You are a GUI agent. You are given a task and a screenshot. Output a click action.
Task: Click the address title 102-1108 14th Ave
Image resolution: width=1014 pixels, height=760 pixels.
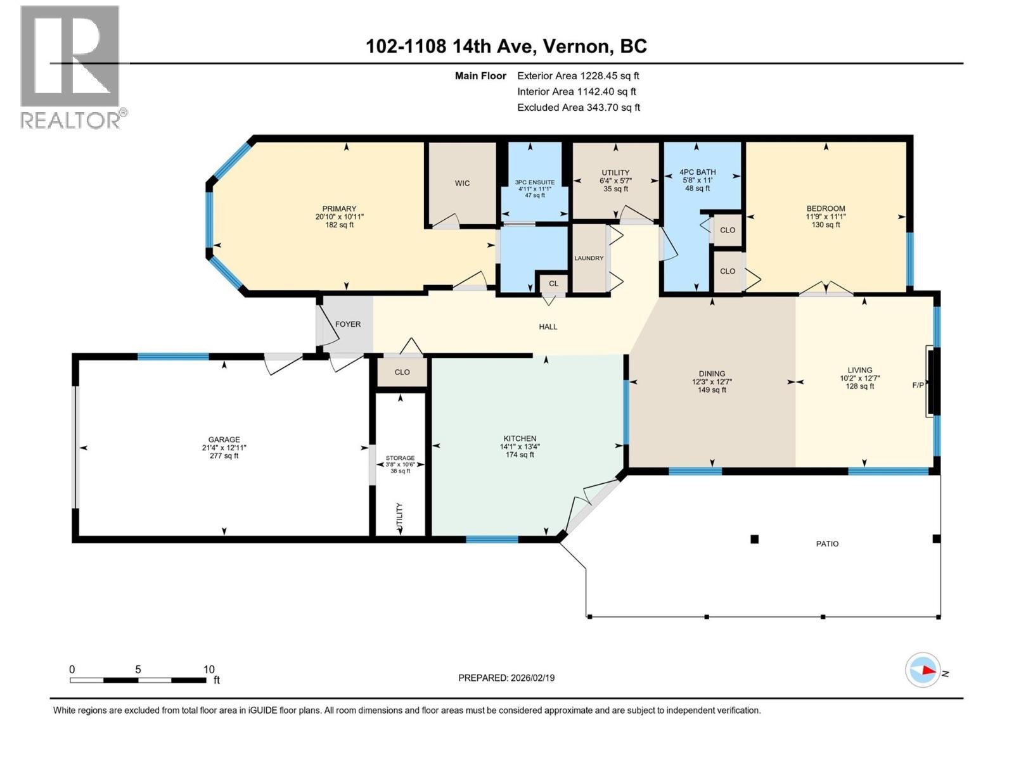coord(506,46)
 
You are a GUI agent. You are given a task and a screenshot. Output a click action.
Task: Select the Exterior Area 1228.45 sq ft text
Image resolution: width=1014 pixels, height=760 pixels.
coord(578,75)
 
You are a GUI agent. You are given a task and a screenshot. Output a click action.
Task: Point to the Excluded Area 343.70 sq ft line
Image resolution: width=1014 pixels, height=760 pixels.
coord(578,107)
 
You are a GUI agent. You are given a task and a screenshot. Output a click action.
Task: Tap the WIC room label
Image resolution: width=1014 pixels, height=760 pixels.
coord(462,183)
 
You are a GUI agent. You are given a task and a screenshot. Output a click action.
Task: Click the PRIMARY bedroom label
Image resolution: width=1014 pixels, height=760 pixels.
coord(339,208)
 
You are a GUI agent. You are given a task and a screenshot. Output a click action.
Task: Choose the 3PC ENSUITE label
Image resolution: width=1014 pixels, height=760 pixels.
coord(534,182)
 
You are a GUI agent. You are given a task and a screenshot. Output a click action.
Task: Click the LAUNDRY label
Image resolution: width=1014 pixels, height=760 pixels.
coord(589,258)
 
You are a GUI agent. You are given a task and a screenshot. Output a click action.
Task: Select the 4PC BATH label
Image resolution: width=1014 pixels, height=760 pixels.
coord(697,172)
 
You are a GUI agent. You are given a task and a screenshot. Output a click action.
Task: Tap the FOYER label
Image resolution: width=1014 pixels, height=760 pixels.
coord(347,324)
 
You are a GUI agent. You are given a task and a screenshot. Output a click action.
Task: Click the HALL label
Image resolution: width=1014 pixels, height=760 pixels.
coord(548,327)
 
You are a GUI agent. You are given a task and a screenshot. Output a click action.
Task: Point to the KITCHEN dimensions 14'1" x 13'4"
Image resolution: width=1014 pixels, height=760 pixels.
coord(520,446)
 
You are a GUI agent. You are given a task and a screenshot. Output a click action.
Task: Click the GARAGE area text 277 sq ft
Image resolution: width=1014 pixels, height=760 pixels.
coord(224,455)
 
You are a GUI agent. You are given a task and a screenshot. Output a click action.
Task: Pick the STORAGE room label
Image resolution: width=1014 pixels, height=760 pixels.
coord(400,458)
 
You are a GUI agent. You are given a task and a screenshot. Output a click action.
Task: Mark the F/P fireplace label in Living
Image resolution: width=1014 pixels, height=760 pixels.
coord(917,385)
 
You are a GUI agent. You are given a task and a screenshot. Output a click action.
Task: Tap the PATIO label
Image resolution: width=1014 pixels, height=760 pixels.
coord(827,543)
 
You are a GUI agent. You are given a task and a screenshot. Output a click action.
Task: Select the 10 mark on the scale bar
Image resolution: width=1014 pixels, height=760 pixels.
coord(209,669)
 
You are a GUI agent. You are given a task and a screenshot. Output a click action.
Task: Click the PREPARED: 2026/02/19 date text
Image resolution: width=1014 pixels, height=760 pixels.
coord(506,678)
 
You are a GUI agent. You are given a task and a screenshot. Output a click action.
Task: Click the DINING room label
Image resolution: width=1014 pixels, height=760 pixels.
coord(712,374)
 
